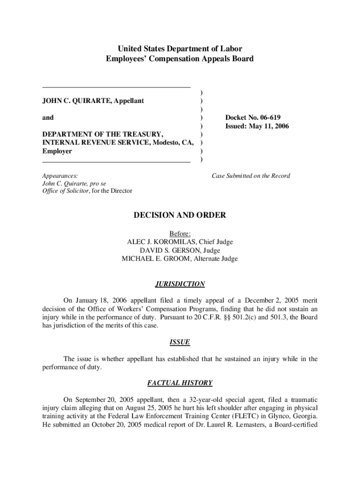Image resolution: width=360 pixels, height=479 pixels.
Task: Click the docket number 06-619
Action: (x=268, y=117)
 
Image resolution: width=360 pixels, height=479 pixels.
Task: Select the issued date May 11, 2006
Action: (x=267, y=126)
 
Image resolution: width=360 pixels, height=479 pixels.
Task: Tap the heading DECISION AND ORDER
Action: (x=180, y=215)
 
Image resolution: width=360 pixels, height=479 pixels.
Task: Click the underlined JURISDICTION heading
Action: (x=180, y=284)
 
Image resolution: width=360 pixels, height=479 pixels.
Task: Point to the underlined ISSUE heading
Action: (x=180, y=342)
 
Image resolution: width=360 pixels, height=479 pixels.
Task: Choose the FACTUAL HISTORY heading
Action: (x=180, y=383)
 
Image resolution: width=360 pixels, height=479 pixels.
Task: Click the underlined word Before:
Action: (x=180, y=233)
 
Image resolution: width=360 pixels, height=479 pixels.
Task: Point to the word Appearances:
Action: (x=60, y=176)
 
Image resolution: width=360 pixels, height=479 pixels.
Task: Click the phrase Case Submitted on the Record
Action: (x=251, y=176)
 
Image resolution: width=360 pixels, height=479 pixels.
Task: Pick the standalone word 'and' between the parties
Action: (x=48, y=117)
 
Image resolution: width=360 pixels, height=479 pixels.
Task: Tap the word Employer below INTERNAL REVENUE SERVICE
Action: (x=57, y=151)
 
